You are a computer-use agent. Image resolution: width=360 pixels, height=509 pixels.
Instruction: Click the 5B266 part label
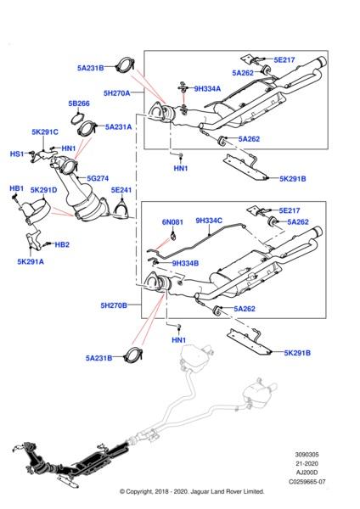coord(79,103)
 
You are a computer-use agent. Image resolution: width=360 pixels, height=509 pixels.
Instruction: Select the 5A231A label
coord(118,127)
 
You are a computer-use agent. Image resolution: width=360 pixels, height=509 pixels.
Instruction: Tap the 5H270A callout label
coord(116,93)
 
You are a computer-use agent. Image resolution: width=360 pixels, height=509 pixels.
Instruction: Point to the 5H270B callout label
coord(114,305)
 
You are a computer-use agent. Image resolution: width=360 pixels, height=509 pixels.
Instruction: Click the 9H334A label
coord(207,88)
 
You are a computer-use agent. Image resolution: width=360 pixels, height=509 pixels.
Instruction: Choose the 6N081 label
coord(172,222)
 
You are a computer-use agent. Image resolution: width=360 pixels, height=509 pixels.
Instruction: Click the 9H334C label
coord(209,221)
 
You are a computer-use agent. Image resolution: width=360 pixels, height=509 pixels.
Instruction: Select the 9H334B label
coord(185,263)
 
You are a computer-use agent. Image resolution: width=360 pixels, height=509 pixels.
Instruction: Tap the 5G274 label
coord(98,178)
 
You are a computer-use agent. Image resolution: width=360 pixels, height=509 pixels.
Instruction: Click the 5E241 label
coord(121,190)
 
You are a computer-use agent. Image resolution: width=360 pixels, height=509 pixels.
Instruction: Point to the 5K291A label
coord(31,261)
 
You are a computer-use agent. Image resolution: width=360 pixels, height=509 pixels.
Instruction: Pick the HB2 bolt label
coord(62,244)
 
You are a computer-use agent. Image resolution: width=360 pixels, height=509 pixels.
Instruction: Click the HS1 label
coord(17,154)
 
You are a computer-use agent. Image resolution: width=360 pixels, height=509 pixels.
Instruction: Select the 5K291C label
coord(45,132)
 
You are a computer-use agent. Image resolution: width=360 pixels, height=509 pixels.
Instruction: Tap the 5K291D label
coord(43,190)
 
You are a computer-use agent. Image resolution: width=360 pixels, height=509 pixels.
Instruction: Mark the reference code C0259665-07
coord(307,482)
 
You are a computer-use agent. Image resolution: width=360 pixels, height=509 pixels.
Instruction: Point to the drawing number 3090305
coord(307,455)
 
